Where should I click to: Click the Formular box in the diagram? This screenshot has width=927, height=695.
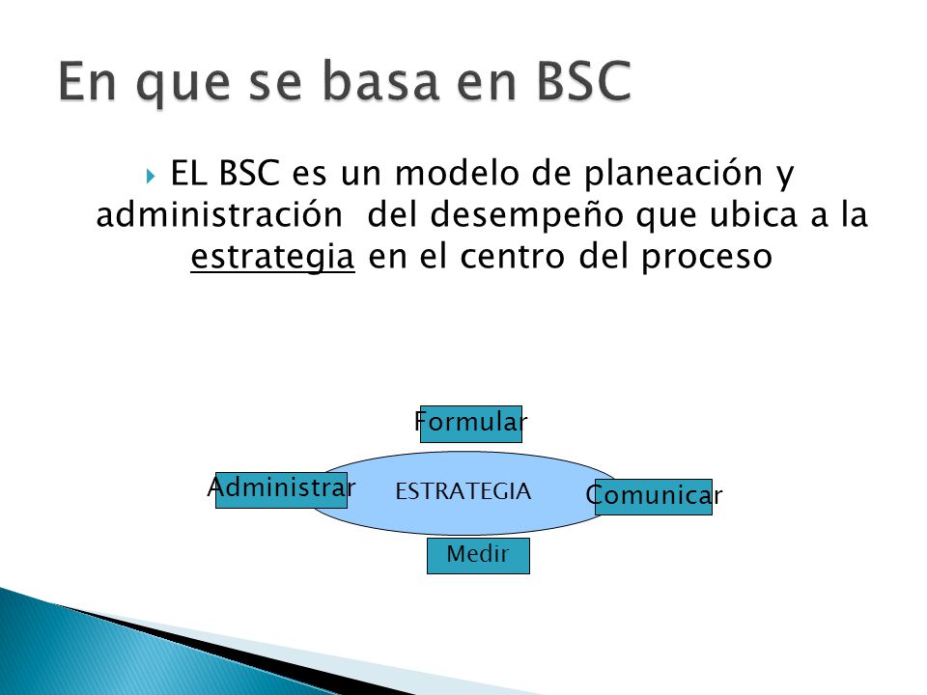coord(470,424)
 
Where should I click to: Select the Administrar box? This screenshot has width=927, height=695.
coord(281,490)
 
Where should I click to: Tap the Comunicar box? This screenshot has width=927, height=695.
coord(654,497)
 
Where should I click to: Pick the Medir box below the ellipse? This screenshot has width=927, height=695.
coord(478,556)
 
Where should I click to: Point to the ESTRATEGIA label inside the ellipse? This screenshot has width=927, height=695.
coord(463,491)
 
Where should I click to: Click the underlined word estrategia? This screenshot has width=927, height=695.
coord(272,257)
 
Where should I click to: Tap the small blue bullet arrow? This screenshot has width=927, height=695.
coord(151,176)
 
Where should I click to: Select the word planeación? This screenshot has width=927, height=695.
coord(673,175)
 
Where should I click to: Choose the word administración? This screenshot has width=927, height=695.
coord(219,214)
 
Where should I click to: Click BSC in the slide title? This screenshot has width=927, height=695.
coord(584,81)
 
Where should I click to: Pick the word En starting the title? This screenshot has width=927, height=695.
coord(87,81)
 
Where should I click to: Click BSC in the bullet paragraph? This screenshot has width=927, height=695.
coord(249,173)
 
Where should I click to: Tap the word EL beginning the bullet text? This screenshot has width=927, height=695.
coord(188,173)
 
